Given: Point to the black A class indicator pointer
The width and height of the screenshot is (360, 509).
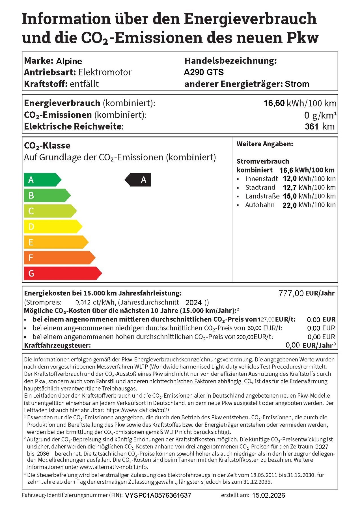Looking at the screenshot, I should pyautogui.click(x=138, y=180).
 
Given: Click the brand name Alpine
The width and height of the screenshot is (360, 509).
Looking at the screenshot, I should pyautogui.click(x=69, y=61).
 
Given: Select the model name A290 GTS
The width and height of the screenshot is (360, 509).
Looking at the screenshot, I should pyautogui.click(x=204, y=72).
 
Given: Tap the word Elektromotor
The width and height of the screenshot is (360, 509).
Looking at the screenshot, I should pyautogui.click(x=105, y=72).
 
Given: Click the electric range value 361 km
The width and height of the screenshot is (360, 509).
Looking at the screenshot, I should pyautogui.click(x=320, y=126).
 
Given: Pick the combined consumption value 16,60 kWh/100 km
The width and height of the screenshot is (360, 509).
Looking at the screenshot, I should pyautogui.click(x=300, y=103).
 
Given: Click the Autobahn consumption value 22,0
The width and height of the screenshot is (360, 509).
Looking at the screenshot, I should pyautogui.click(x=290, y=205).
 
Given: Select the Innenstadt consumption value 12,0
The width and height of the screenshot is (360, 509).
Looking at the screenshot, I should pyautogui.click(x=290, y=179).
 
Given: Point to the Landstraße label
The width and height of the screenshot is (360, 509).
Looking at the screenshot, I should pyautogui.click(x=262, y=196).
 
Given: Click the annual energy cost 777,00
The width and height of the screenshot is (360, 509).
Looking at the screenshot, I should pyautogui.click(x=291, y=294).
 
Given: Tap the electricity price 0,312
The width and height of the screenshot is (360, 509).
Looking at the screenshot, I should pyautogui.click(x=83, y=303).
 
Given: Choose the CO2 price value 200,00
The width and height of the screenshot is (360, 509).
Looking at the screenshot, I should pyautogui.click(x=245, y=337).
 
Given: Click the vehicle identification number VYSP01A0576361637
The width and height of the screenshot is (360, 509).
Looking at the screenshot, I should pyautogui.click(x=158, y=495).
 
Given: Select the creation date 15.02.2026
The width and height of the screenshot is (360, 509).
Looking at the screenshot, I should pyautogui.click(x=268, y=495).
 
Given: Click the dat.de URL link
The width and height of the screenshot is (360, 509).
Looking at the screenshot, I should pyautogui.click(x=138, y=410).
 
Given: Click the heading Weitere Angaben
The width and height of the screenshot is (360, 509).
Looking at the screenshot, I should pyautogui.click(x=265, y=144).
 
